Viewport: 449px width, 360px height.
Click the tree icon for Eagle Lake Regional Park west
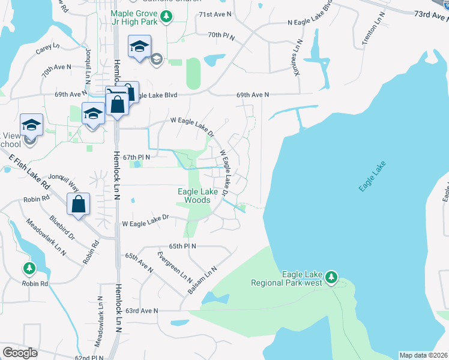pyautogui.click(x=331, y=278)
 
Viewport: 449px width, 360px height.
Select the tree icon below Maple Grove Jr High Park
pyautogui.click(x=169, y=16)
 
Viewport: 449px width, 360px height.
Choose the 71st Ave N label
pyautogui.click(x=214, y=14)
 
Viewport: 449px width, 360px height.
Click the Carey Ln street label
pyautogui.click(x=48, y=47)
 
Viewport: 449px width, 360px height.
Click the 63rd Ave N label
pyautogui.click(x=142, y=311)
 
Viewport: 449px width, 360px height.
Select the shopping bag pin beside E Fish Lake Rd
pyautogui.click(x=79, y=204)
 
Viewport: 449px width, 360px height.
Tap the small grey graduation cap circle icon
pyautogui.click(x=156, y=58)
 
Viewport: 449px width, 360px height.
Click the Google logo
pyautogui.click(x=19, y=353)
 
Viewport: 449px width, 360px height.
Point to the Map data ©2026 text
pyautogui.click(x=423, y=355)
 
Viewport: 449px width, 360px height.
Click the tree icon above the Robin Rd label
pyautogui.click(x=28, y=267)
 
